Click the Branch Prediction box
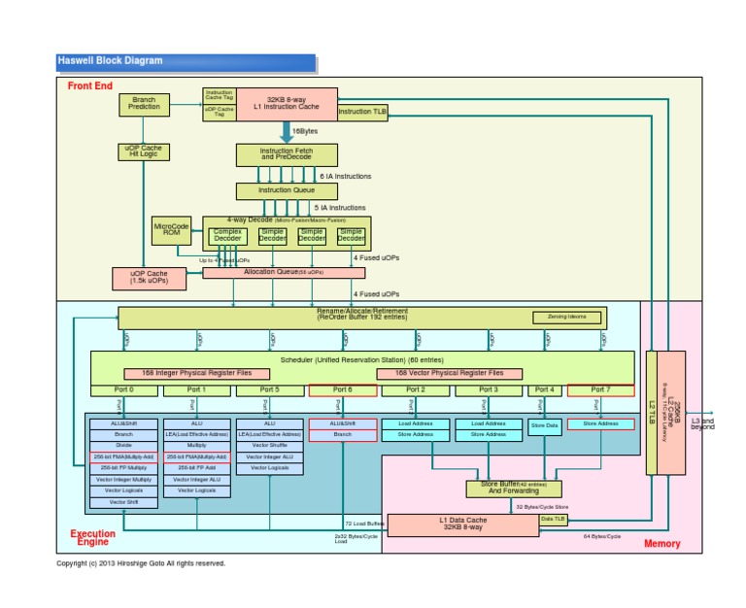click(x=144, y=102)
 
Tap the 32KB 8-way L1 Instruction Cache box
click(x=287, y=103)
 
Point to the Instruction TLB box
click(x=362, y=113)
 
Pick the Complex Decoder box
click(x=228, y=235)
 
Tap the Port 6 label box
click(x=342, y=389)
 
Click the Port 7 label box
click(x=601, y=389)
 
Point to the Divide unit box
click(x=123, y=445)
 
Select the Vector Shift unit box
click(x=123, y=501)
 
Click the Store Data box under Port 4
click(x=544, y=424)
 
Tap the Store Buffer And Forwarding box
click(x=501, y=488)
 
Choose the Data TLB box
click(x=553, y=520)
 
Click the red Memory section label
click(x=661, y=544)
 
